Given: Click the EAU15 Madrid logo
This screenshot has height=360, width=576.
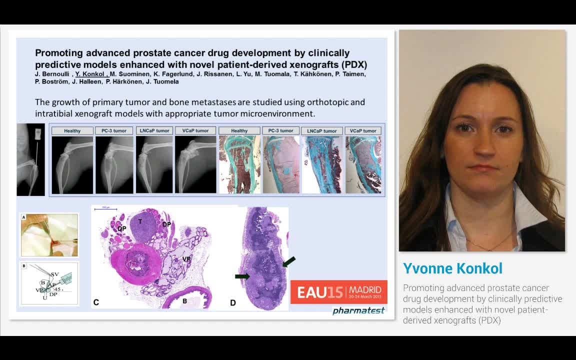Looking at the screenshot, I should [339, 291].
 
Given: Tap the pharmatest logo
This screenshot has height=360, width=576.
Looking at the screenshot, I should [358, 310].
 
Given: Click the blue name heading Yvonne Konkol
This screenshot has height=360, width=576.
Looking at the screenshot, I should [452, 268].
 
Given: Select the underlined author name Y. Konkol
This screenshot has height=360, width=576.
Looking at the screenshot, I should [90, 74].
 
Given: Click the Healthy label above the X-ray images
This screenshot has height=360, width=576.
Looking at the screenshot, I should [72, 130].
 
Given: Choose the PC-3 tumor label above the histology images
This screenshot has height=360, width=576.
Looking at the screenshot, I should [280, 130].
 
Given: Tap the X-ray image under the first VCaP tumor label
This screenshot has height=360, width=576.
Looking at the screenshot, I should [195, 164].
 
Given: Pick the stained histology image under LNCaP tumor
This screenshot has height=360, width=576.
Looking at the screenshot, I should [322, 164].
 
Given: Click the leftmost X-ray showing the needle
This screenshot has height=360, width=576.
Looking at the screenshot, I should [30, 159].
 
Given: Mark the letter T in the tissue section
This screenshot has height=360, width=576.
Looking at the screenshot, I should [140, 221].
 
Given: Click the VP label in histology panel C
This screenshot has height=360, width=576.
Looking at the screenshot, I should [186, 259].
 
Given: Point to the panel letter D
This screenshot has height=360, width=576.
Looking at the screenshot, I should [233, 302].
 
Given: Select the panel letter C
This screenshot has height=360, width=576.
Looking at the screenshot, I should [96, 302].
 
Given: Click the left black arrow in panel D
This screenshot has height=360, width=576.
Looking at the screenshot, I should [242, 276].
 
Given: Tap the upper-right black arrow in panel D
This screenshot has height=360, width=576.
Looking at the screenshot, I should [289, 261].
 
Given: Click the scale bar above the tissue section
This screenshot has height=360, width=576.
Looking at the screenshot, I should [105, 208].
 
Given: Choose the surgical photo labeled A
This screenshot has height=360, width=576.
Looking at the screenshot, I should [49, 235].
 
